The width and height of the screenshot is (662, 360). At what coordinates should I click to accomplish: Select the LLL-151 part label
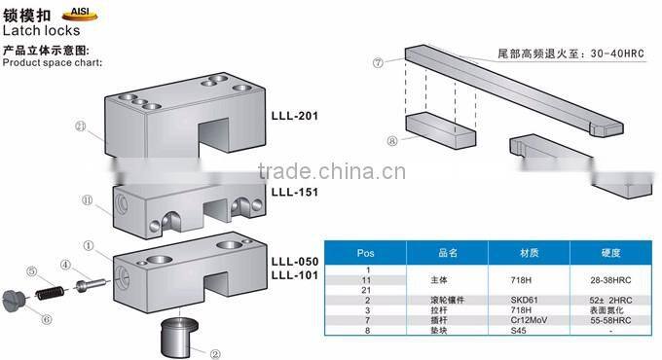294,193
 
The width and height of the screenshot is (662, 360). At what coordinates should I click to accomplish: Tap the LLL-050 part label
294,262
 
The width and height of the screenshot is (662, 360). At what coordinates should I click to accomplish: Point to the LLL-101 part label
294,275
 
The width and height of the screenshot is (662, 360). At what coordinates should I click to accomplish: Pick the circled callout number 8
391,139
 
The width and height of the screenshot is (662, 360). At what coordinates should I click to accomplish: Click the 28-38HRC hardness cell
611,278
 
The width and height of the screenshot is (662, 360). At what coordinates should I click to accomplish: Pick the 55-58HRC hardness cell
611,319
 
